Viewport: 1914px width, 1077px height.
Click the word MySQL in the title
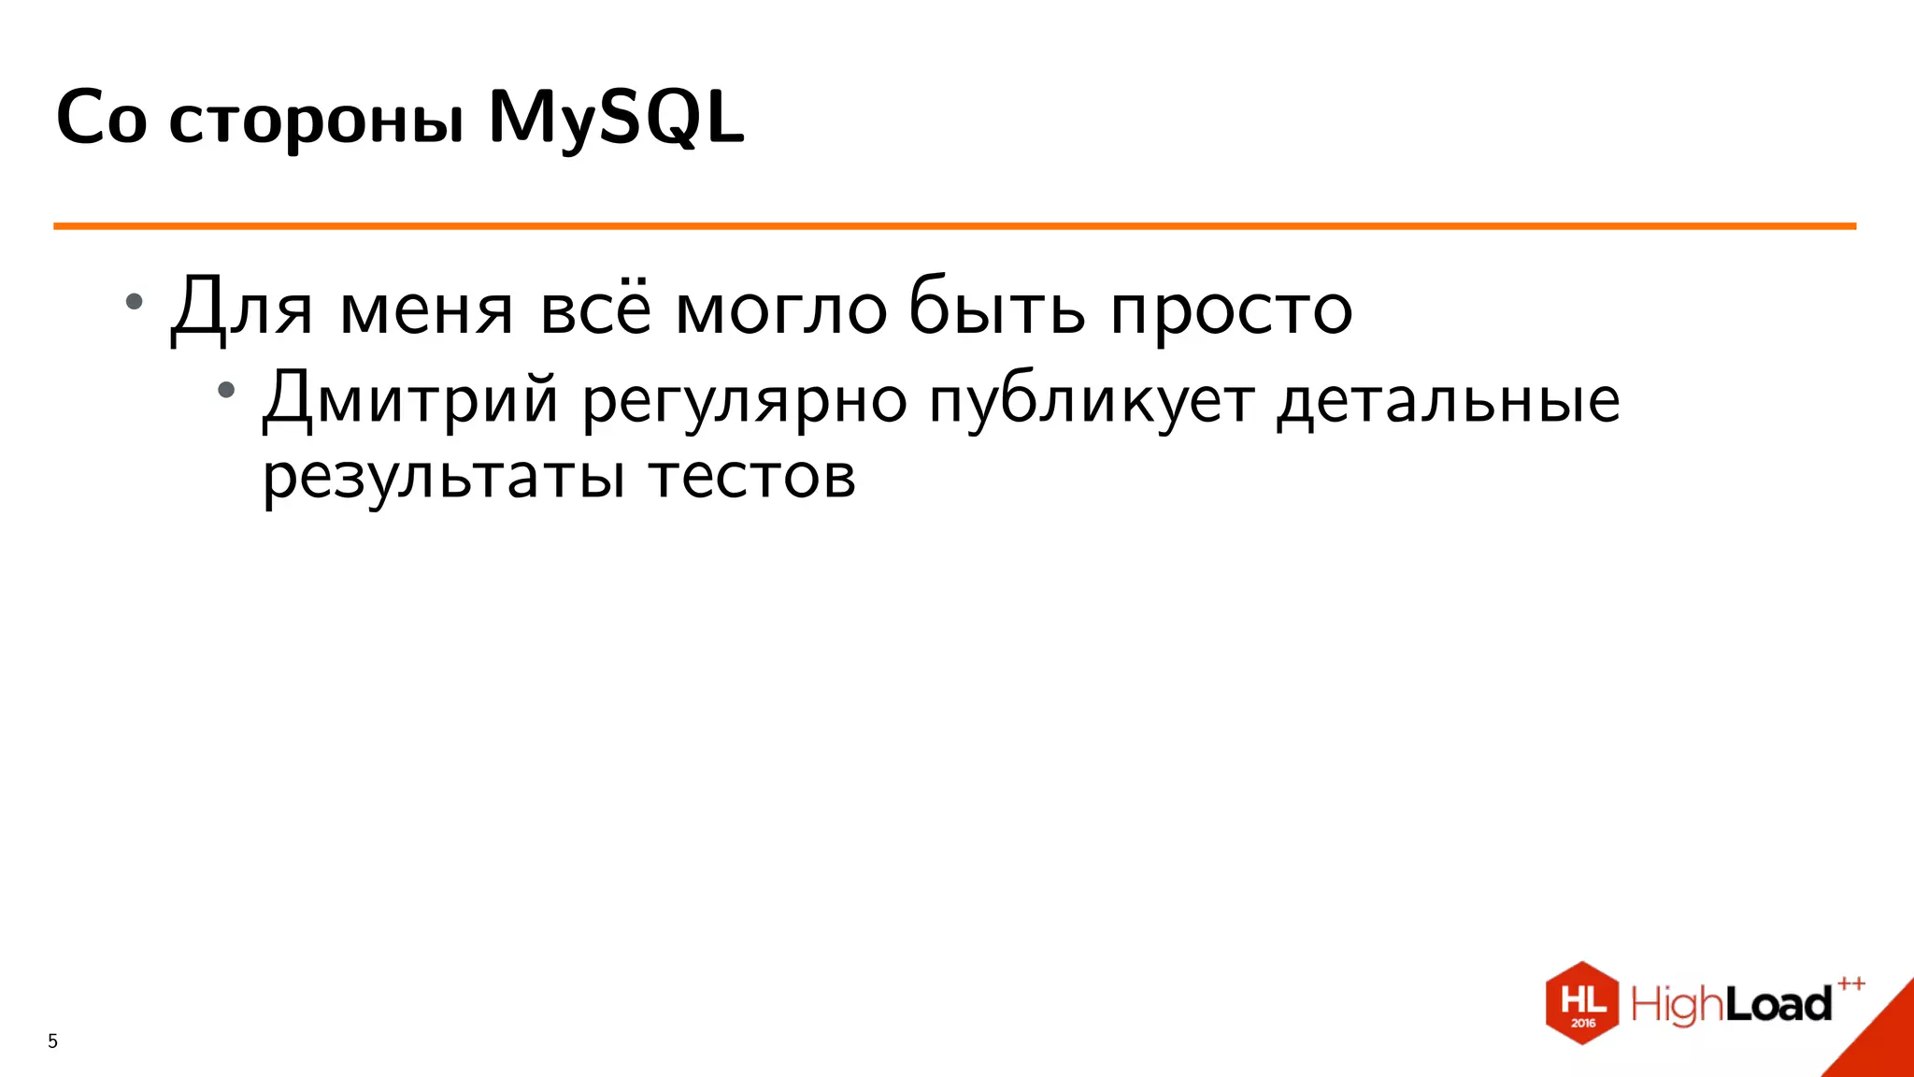point(616,118)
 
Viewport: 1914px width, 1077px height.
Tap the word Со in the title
point(102,118)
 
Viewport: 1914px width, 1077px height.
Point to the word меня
point(426,310)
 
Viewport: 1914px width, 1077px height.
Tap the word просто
point(1231,312)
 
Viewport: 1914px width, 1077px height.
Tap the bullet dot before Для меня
point(135,301)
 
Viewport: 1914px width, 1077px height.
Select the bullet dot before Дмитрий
point(226,389)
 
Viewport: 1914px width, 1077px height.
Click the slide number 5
point(52,1041)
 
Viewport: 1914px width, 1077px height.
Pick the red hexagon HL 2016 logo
point(1582,1002)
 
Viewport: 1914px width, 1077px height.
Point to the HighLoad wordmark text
point(1731,1004)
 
